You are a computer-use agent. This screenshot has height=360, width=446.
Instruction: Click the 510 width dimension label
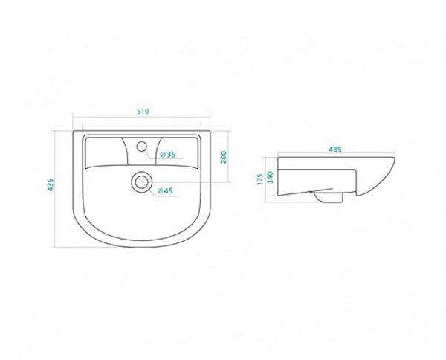tap(143, 112)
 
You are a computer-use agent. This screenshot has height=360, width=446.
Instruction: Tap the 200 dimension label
tap(224, 157)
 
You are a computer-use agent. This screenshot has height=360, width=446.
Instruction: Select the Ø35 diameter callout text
tap(167, 155)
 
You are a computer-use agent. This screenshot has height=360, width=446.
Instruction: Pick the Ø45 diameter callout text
tap(165, 191)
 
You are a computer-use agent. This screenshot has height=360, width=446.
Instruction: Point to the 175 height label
tap(260, 179)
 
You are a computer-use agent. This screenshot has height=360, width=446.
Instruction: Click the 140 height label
tap(270, 177)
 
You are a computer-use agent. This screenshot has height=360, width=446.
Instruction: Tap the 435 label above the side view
tap(335, 149)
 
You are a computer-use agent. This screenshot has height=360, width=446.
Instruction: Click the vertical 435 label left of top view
tap(50, 185)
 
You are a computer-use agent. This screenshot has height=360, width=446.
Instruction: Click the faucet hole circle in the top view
tap(141, 147)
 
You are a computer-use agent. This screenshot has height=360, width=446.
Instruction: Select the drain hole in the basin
tap(141, 181)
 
